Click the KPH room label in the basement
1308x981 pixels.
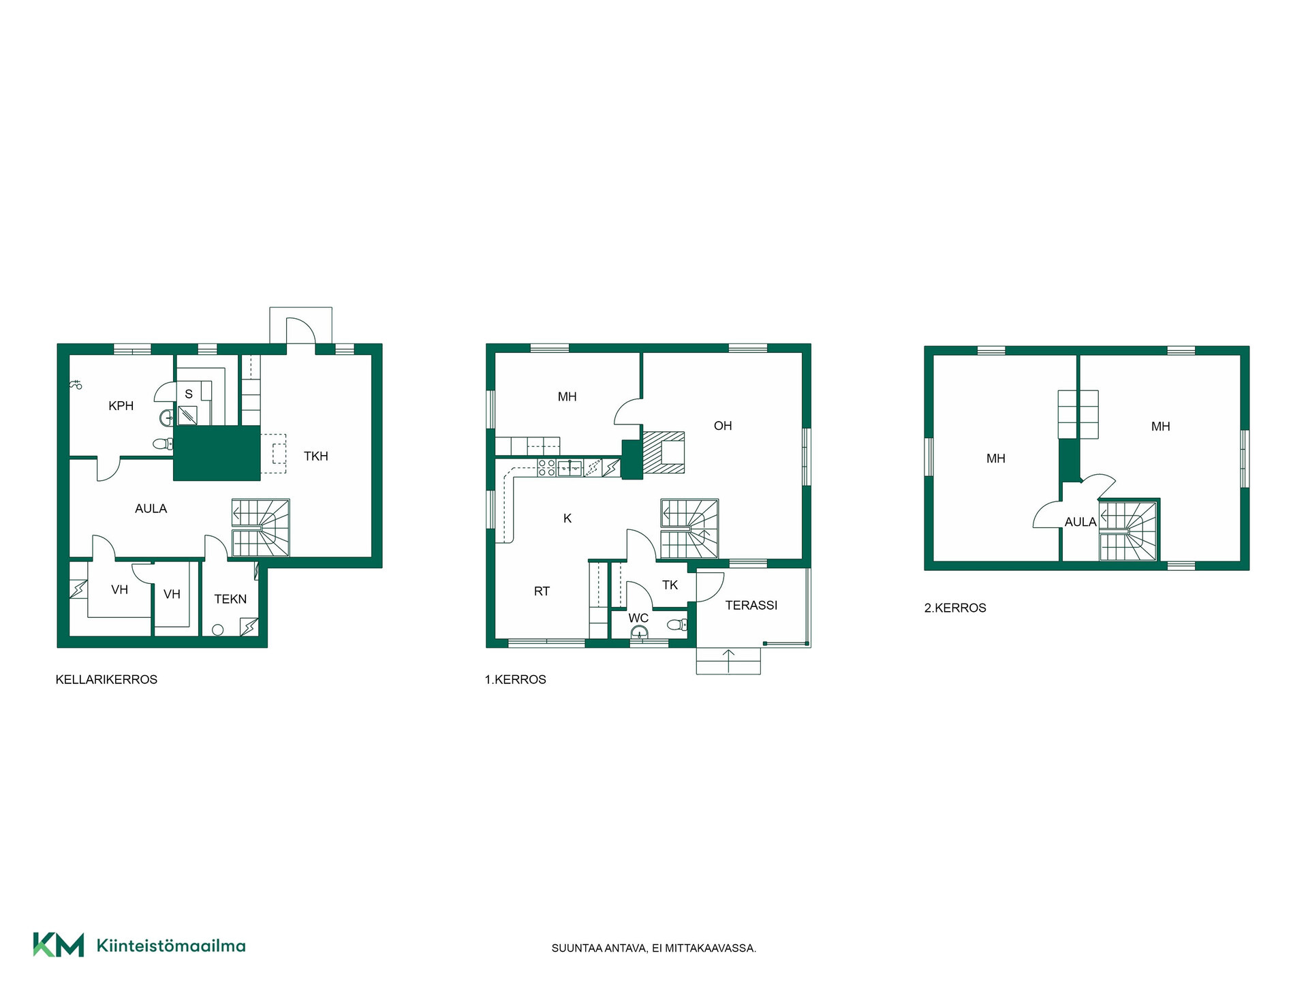coord(121,406)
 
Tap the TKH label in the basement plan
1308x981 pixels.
coord(316,456)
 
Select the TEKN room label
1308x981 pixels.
coord(230,599)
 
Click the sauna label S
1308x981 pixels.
coord(189,394)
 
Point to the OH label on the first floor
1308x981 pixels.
coord(723,426)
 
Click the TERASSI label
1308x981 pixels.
coord(751,605)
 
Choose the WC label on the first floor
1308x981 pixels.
coord(638,619)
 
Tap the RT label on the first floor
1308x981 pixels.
coord(542,591)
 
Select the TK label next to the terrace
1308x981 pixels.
coord(670,585)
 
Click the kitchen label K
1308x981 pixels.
coord(567,518)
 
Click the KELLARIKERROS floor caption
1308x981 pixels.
coord(106,679)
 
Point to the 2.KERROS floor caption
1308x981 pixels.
coord(955,608)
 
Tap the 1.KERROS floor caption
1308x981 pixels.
coord(516,679)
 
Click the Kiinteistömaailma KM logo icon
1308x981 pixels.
coord(59,945)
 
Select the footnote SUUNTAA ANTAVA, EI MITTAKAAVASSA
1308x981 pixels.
coord(654,948)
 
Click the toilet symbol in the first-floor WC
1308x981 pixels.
coord(677,624)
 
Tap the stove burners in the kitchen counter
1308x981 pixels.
coord(546,467)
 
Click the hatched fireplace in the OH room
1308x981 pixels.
coord(664,452)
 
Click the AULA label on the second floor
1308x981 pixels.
coord(1080,522)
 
